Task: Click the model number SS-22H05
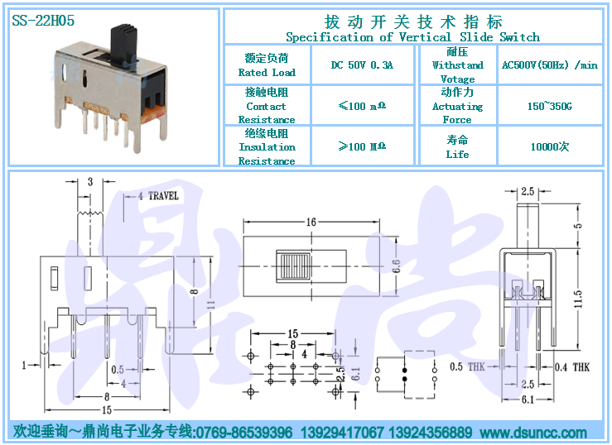point(43,22)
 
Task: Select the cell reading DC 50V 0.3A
point(361,65)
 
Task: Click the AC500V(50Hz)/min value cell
point(549,65)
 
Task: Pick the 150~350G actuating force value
point(549,107)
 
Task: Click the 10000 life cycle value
point(549,147)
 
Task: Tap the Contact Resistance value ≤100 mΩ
point(361,107)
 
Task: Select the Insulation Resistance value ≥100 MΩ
point(361,147)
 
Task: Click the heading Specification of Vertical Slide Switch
point(412,37)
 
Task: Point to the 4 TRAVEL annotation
point(157,196)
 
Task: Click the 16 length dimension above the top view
point(311,223)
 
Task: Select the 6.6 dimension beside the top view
point(396,266)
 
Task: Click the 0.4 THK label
point(571,366)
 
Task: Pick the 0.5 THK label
point(467,366)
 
